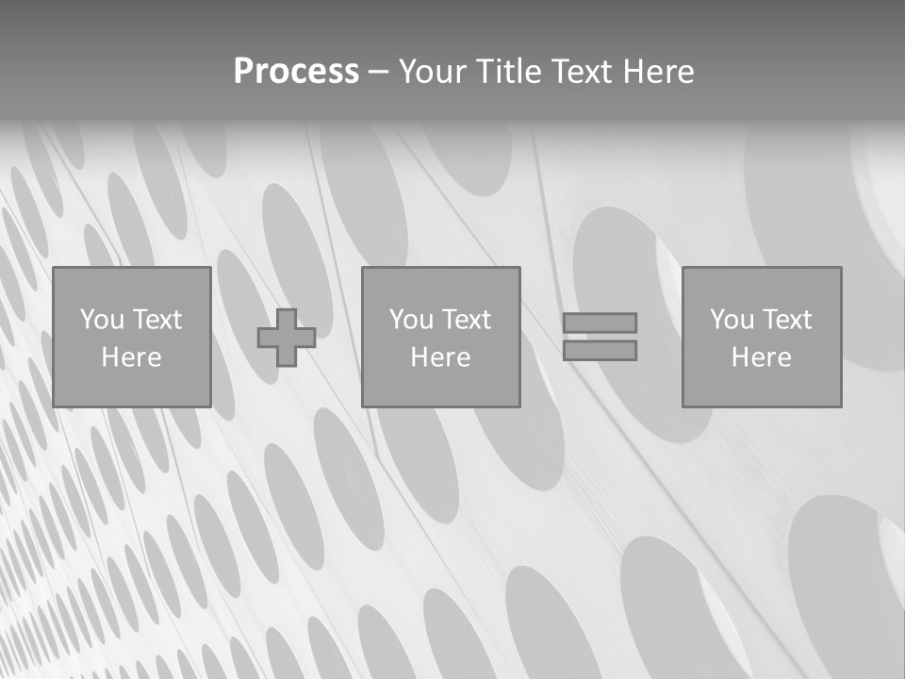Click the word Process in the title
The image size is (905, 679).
click(296, 72)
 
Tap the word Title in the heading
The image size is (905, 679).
click(512, 72)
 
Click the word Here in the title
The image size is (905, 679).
click(658, 72)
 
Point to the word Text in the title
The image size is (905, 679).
click(581, 72)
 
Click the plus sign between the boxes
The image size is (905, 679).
click(287, 337)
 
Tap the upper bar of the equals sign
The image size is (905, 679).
click(600, 323)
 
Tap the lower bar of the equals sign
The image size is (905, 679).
click(600, 351)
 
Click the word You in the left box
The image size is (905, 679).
click(102, 320)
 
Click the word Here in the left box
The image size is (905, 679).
click(131, 357)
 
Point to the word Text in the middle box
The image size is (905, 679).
click(467, 320)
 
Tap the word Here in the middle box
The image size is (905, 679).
click(440, 357)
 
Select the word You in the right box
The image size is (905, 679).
click(732, 320)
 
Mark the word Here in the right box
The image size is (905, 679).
click(761, 357)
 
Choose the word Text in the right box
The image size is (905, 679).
click(787, 320)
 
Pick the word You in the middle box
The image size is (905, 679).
click(411, 320)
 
